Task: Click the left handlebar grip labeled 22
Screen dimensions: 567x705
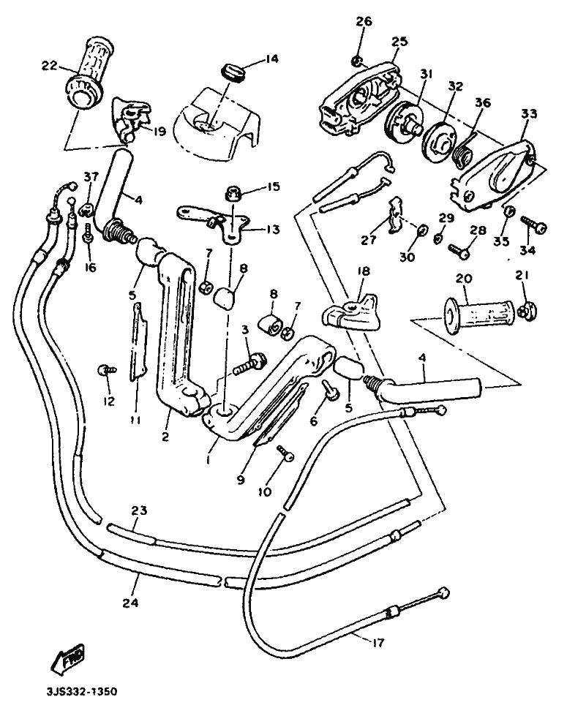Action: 88,73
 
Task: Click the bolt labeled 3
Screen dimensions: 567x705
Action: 250,363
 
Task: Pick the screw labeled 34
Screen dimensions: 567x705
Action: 534,224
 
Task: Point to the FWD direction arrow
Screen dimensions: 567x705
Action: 69,657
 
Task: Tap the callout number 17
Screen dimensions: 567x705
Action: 378,643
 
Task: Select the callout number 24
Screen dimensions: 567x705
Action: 129,603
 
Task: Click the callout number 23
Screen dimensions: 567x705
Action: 139,510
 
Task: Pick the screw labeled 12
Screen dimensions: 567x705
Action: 107,370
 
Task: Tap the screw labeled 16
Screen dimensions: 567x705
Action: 88,234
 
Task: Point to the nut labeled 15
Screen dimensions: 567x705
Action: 233,193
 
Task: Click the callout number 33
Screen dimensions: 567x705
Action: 529,113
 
